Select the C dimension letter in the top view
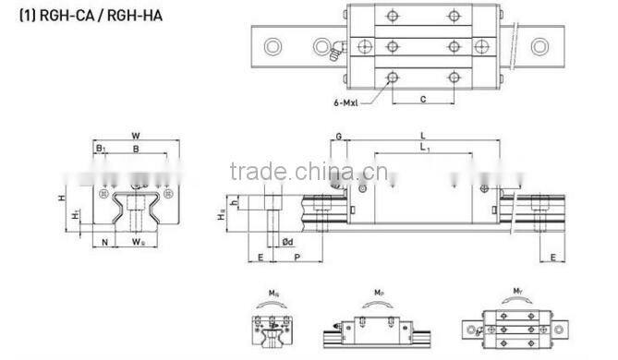pos(422,98)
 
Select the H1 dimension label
pos(75,214)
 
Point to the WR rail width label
pos(138,243)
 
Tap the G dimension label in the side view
pos(339,137)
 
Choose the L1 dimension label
pos(424,149)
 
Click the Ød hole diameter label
pos(287,243)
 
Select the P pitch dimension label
pos(295,259)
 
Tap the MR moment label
pos(273,294)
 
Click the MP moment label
pos(380,294)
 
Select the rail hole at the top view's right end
pos(557,45)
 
